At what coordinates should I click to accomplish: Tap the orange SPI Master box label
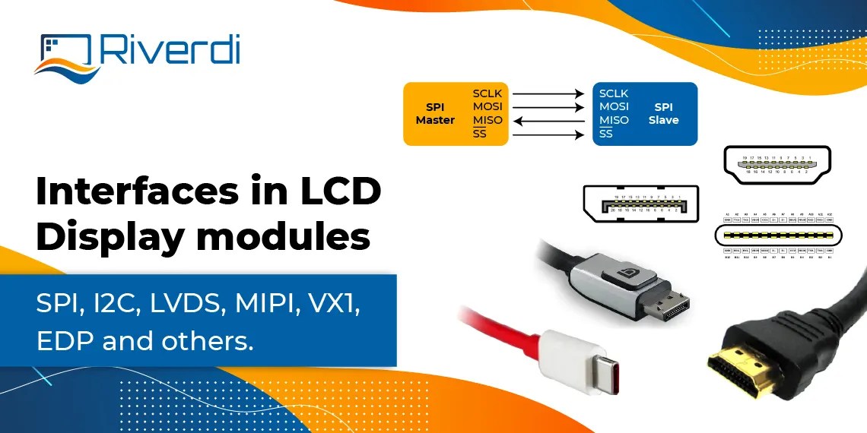tap(435, 114)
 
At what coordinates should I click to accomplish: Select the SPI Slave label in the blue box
tap(663, 114)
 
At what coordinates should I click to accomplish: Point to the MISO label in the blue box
tap(614, 120)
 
